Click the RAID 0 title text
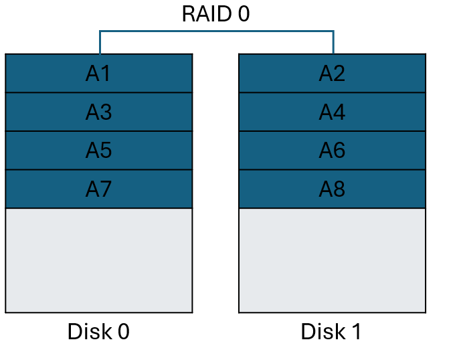(215, 14)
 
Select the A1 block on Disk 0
(98, 74)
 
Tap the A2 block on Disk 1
(332, 74)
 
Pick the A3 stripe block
(98, 112)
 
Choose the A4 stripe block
(332, 112)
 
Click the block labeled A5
(98, 151)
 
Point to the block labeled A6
(332, 151)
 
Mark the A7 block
(98, 189)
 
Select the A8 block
(332, 189)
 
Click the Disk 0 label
(98, 332)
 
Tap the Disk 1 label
(331, 332)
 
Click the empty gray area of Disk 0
(98, 260)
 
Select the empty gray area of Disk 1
(332, 260)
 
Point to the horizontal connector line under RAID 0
(216, 31)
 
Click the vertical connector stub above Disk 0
(100, 42)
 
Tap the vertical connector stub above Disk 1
(333, 42)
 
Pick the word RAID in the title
(205, 14)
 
